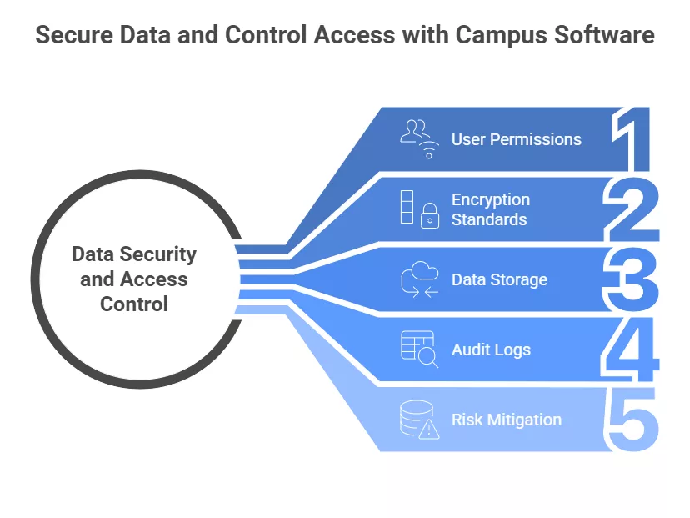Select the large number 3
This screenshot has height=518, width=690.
coord(632,279)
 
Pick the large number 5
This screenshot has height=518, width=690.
coord(633,420)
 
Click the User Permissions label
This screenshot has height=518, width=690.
coord(516,139)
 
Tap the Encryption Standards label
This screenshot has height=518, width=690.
coord(490,209)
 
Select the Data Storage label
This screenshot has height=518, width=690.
coord(499,279)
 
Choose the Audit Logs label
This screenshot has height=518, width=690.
coord(491,350)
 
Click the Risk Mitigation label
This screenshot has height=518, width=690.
coord(506,420)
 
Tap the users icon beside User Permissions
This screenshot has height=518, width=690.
coord(418,138)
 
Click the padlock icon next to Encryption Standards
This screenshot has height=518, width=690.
coord(429,217)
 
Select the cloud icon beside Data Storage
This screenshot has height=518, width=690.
coord(419,279)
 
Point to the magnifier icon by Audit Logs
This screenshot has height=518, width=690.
coord(428,359)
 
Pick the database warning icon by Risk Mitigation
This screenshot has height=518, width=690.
coord(419,420)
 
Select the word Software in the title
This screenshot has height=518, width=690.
coord(608,37)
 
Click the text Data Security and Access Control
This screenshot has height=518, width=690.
coord(134,279)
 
